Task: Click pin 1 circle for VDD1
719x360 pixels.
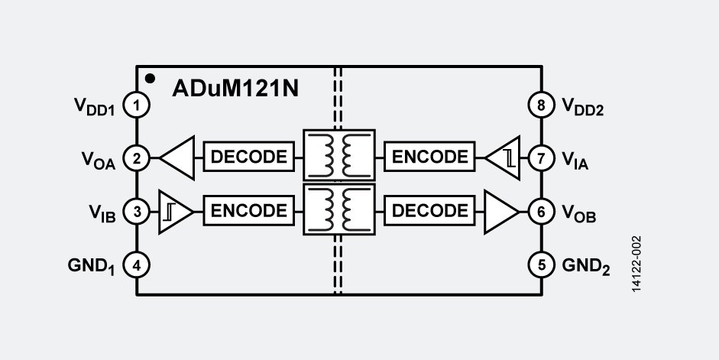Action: (x=136, y=105)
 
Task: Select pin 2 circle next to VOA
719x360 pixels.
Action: (x=136, y=158)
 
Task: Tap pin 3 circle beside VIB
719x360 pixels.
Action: (x=136, y=211)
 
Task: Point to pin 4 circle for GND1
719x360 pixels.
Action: (x=136, y=264)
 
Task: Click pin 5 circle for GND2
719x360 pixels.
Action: (x=541, y=264)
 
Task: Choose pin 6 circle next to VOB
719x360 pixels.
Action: (x=541, y=211)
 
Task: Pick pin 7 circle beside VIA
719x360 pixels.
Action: (x=541, y=158)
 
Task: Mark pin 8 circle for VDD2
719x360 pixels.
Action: (x=541, y=105)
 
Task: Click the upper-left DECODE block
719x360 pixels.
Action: (x=248, y=157)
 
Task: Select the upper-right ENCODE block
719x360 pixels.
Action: (x=429, y=157)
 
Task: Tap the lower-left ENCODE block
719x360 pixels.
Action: (x=248, y=210)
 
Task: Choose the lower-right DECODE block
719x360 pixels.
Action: (x=429, y=210)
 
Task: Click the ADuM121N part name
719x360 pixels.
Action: (x=235, y=87)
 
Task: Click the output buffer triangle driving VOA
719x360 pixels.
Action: (x=177, y=157)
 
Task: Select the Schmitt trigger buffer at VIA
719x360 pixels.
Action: (x=504, y=158)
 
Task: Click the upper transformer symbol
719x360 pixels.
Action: (x=339, y=156)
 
